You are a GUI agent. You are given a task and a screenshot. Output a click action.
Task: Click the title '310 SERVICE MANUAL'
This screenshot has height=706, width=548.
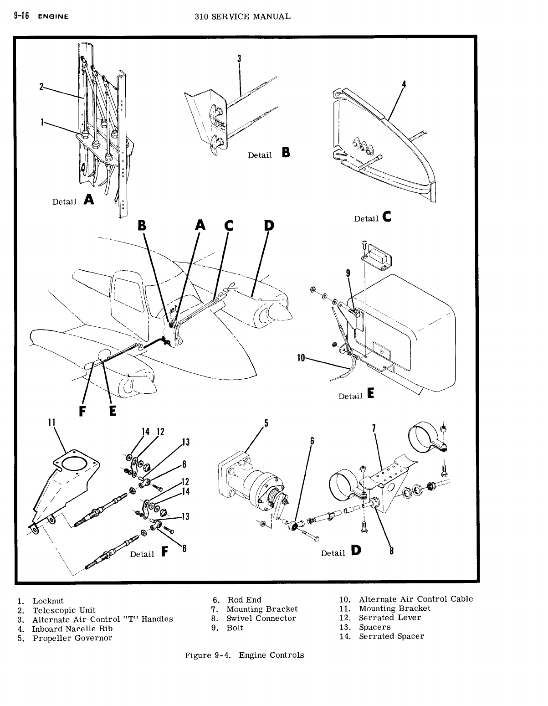[242, 16]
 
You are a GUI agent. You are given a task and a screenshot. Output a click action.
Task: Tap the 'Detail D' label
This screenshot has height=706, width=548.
[341, 552]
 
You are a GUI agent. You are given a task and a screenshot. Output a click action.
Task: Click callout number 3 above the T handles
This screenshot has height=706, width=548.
[239, 59]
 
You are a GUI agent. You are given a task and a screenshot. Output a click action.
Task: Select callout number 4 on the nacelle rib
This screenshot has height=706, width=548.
[404, 84]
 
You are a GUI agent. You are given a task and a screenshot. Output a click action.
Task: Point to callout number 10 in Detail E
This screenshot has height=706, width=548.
[301, 358]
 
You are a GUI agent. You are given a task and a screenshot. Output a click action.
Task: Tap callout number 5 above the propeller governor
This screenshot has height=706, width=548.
[266, 423]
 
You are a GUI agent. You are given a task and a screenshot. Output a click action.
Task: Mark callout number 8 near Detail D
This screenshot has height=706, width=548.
[391, 551]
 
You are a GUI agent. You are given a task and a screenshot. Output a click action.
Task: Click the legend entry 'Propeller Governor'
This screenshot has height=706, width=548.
[72, 638]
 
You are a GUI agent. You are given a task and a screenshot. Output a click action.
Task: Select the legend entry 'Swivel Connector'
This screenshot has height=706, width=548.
[261, 618]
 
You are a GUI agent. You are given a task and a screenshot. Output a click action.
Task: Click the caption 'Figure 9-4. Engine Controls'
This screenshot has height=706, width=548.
[244, 655]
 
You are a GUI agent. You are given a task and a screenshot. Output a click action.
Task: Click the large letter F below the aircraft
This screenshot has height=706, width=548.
[83, 411]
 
